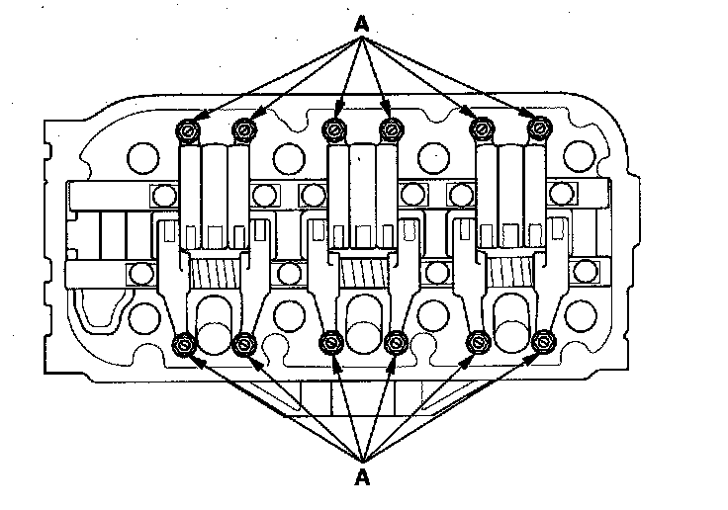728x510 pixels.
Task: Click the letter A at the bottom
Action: (363, 478)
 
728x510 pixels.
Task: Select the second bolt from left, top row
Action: (244, 128)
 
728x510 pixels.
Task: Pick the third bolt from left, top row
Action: (334, 128)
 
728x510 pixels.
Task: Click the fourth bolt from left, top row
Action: (390, 128)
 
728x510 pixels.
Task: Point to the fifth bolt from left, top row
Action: (482, 128)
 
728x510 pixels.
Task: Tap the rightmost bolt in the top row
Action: (537, 128)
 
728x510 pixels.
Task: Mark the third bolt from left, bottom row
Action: (330, 343)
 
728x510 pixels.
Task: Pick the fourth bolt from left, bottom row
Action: (395, 343)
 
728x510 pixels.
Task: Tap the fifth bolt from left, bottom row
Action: (479, 343)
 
